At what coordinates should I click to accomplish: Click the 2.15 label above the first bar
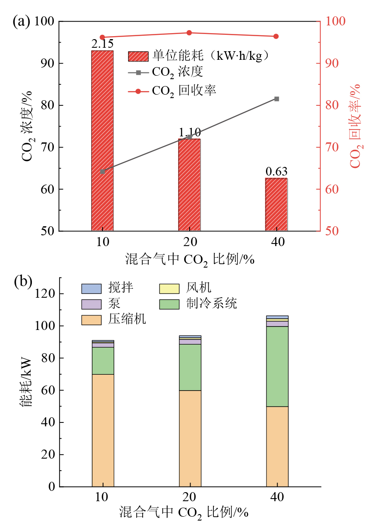(102, 44)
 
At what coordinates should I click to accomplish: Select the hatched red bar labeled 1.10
(189, 185)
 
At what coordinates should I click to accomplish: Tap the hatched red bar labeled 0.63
(276, 204)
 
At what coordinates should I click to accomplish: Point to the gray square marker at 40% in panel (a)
(277, 99)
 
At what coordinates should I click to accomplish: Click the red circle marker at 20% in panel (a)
(189, 33)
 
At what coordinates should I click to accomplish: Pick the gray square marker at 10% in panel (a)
(103, 171)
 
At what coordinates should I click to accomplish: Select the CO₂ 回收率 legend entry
(184, 91)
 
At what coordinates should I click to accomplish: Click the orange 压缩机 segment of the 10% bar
(103, 430)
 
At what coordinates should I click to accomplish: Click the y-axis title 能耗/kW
(26, 383)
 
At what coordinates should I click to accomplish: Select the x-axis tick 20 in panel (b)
(190, 497)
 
